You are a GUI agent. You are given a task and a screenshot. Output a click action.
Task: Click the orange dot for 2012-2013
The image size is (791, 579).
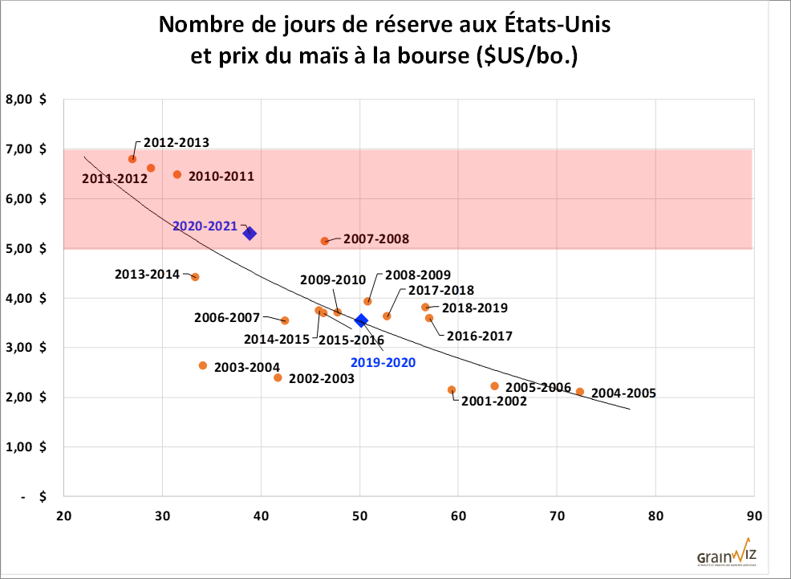tap(132, 159)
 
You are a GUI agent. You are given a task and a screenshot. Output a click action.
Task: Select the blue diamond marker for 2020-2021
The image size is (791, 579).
tap(249, 233)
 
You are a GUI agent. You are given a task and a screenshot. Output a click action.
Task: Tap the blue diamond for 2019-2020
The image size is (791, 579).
tap(361, 320)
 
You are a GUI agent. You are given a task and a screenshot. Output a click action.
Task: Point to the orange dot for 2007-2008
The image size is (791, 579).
tap(325, 241)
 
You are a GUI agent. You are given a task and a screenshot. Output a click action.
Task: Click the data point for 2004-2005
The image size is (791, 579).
tap(580, 392)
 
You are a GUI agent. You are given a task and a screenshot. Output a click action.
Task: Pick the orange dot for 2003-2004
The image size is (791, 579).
tap(203, 365)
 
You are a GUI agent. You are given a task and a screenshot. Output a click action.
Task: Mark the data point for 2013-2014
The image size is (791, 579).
tap(195, 277)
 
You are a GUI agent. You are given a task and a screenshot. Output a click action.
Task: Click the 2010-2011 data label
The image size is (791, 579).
tap(221, 175)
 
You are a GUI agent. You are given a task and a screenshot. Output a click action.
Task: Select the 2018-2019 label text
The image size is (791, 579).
tap(475, 308)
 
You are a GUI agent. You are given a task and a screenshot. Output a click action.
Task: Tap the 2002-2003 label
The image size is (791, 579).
tap(321, 378)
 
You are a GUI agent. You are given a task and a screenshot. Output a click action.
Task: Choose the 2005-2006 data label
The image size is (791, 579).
tap(538, 387)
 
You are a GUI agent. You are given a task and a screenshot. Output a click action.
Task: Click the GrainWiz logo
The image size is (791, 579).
tap(727, 555)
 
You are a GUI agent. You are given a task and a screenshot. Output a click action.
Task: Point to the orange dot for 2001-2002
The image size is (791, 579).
tap(452, 390)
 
